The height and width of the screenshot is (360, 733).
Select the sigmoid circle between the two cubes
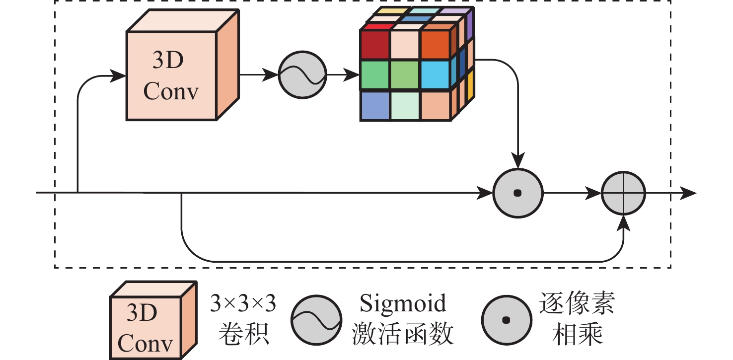click(303, 75)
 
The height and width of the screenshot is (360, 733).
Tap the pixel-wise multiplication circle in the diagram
click(517, 193)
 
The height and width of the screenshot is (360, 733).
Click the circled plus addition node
click(623, 193)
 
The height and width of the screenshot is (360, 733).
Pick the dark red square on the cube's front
click(375, 45)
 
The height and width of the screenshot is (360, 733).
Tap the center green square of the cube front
click(405, 74)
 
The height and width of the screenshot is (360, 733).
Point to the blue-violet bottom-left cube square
click(375, 105)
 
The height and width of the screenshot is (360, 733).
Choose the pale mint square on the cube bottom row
click(405, 105)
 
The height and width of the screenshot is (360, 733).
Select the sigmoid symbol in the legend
click(316, 320)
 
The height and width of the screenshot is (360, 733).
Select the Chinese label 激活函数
click(403, 336)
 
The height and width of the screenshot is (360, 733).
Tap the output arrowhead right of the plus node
click(689, 193)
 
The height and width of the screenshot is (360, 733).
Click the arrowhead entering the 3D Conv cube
click(119, 75)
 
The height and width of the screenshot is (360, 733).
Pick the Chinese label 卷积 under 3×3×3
click(243, 336)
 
